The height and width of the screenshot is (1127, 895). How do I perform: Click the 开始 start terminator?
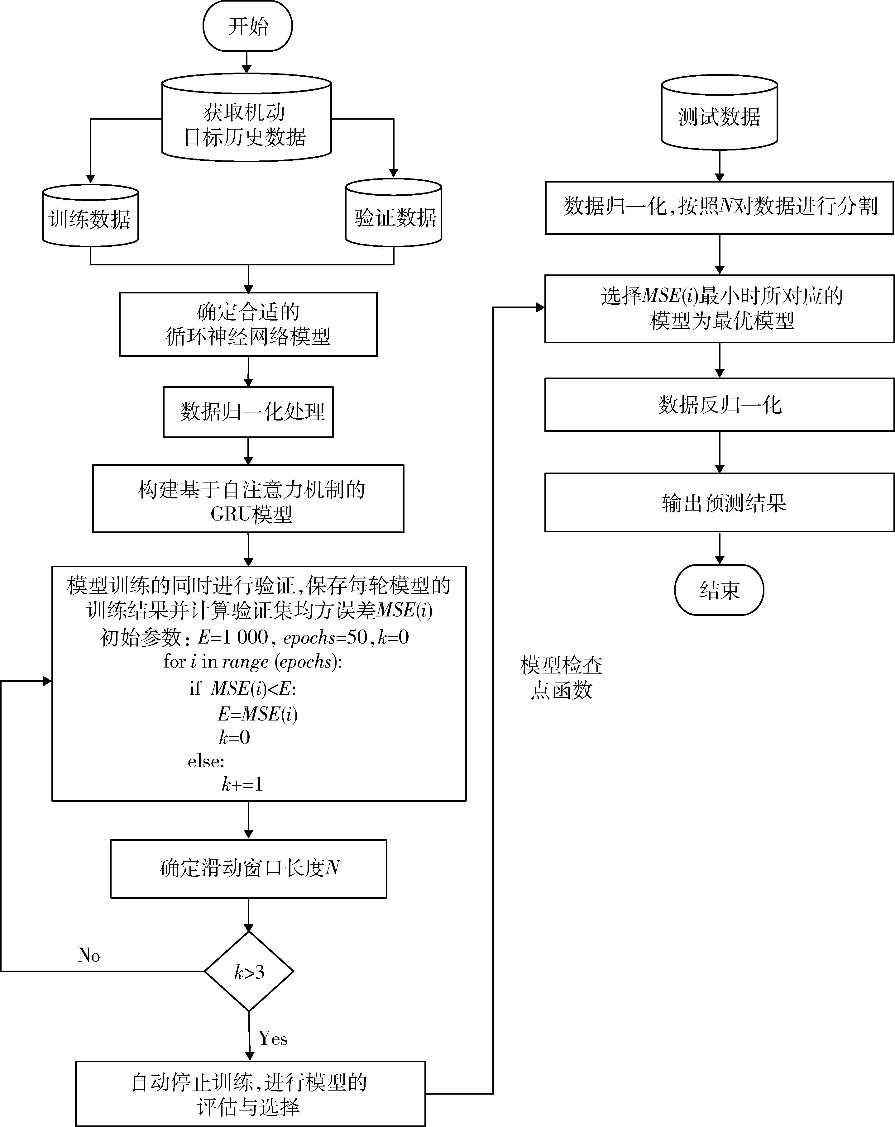pyautogui.click(x=247, y=26)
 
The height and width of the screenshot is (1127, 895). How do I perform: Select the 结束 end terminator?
pyautogui.click(x=719, y=590)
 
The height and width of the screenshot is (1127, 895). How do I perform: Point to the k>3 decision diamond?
pyautogui.click(x=249, y=972)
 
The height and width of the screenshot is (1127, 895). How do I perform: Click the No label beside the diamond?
pyautogui.click(x=89, y=955)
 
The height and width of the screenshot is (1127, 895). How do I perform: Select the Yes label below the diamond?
pyautogui.click(x=273, y=1038)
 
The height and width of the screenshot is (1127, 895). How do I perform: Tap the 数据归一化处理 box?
pyautogui.click(x=248, y=412)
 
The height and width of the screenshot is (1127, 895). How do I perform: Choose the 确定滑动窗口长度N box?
pyautogui.click(x=248, y=868)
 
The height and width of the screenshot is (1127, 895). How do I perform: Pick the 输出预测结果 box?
pyautogui.click(x=719, y=502)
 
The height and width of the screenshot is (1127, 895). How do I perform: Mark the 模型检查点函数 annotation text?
pyautogui.click(x=561, y=678)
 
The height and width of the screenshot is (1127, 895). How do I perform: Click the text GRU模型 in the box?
pyautogui.click(x=251, y=514)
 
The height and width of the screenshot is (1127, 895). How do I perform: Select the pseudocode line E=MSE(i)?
pyautogui.click(x=257, y=714)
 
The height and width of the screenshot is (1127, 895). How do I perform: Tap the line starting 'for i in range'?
pyautogui.click(x=253, y=662)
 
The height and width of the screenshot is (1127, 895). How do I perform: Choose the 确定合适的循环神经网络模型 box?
pyautogui.click(x=248, y=324)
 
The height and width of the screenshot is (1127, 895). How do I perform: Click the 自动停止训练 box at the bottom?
pyautogui.click(x=250, y=1094)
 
